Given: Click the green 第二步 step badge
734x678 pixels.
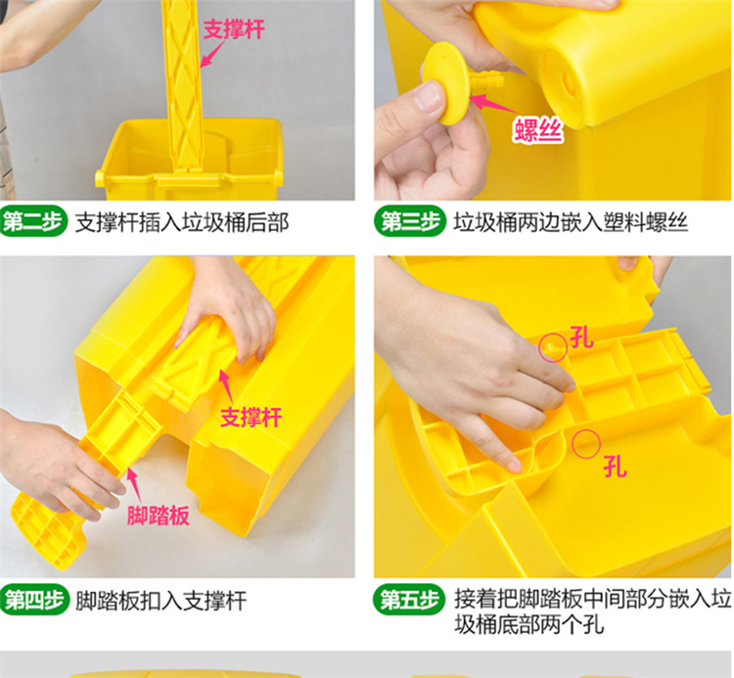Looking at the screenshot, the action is (x=32, y=221).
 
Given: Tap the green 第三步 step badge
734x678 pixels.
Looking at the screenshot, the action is (x=410, y=221).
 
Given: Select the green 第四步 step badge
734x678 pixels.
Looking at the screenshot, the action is (x=33, y=600).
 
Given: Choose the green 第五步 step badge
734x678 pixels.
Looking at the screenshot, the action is (x=409, y=600).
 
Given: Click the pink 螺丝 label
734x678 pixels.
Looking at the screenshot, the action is (x=537, y=129).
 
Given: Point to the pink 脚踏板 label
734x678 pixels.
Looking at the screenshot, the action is (x=158, y=516).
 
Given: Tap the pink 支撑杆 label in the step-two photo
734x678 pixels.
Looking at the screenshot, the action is (x=234, y=29).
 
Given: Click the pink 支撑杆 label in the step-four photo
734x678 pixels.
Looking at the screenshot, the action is (x=251, y=417).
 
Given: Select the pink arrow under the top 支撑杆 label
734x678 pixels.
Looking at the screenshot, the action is (x=212, y=54).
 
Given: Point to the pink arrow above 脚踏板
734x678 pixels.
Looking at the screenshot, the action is (x=134, y=485).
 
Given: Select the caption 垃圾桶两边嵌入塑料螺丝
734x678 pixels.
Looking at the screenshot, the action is (x=571, y=222).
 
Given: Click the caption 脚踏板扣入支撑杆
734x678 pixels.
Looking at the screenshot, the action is (x=161, y=601).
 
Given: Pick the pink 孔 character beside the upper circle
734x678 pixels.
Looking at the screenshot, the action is (x=581, y=338).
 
